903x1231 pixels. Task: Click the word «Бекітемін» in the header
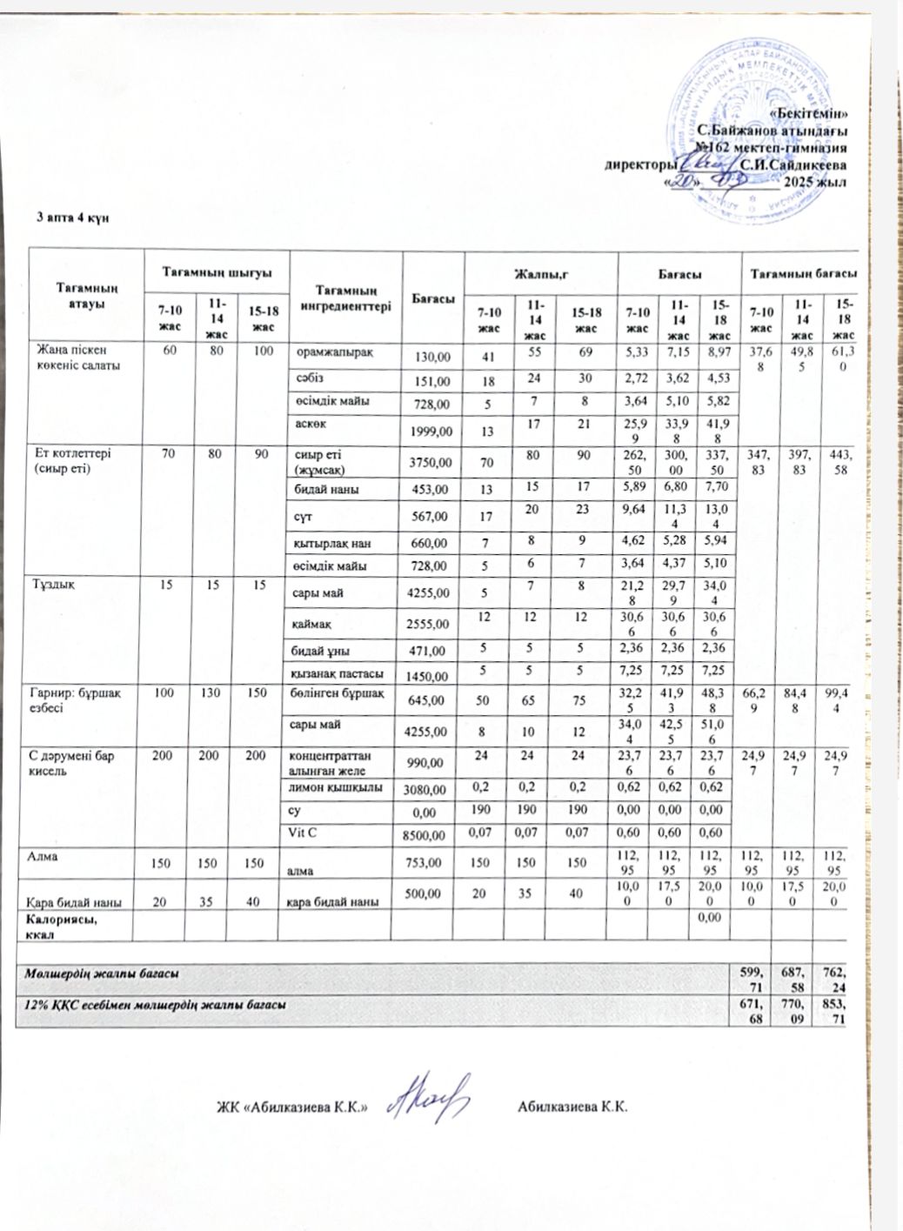[x=810, y=114]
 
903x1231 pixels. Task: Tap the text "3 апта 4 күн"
[x=72, y=217]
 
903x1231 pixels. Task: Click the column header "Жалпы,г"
[x=540, y=274]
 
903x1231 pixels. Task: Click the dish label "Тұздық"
[x=55, y=585]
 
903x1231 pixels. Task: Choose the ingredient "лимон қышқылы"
[x=336, y=787]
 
